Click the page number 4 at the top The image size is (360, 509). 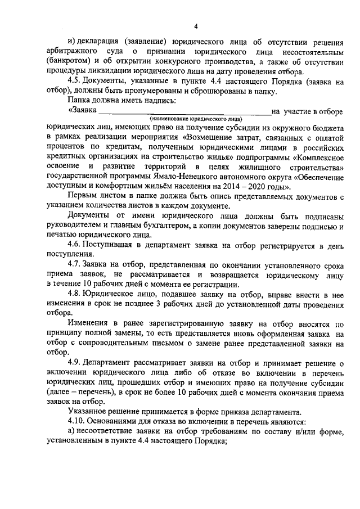[x=195, y=26]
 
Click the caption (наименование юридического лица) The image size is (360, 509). [x=196, y=119]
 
